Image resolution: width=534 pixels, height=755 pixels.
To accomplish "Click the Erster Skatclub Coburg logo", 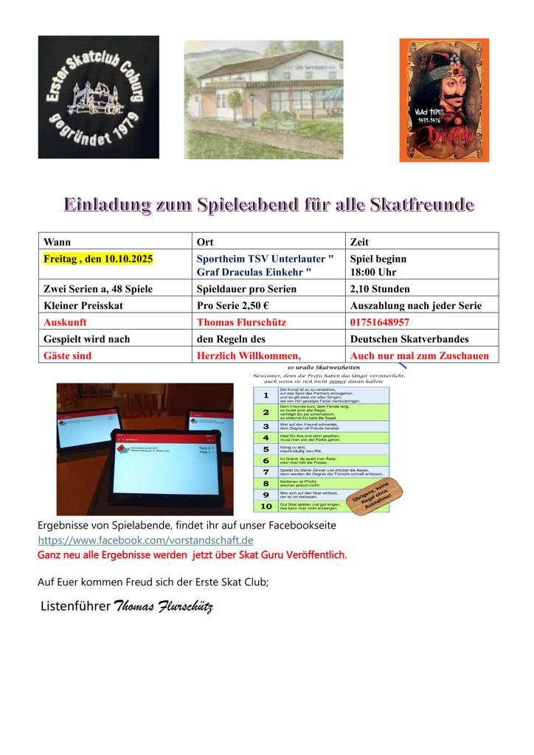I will coord(98,97).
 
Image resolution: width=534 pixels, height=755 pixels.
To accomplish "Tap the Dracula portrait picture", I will coord(444,100).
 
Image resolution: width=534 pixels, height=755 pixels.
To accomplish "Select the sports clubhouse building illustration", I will coord(263,100).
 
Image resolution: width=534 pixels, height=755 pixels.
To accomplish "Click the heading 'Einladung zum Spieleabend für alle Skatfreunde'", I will coord(268,204).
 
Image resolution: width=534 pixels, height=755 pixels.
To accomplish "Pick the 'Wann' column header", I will coord(58,242).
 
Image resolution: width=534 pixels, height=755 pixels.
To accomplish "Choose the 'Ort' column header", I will coord(206,242).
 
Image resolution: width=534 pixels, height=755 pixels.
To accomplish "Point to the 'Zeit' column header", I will coord(360,242).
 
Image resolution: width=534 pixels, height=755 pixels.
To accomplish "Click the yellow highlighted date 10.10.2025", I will coord(98,260).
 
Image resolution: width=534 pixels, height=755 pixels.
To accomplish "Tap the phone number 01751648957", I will coord(380,322).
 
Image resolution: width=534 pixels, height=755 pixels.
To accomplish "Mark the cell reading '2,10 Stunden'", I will coord(380,289).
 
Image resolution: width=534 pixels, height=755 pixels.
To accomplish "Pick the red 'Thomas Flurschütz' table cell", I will coord(241,322).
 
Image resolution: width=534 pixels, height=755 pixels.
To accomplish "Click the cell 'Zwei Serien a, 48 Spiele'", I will coord(98,289).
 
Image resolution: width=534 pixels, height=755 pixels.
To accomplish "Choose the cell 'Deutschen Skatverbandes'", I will coord(409,339).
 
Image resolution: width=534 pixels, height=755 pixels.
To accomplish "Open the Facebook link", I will coord(145,540).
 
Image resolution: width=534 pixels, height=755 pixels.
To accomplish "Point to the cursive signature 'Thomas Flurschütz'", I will coord(163,607).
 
